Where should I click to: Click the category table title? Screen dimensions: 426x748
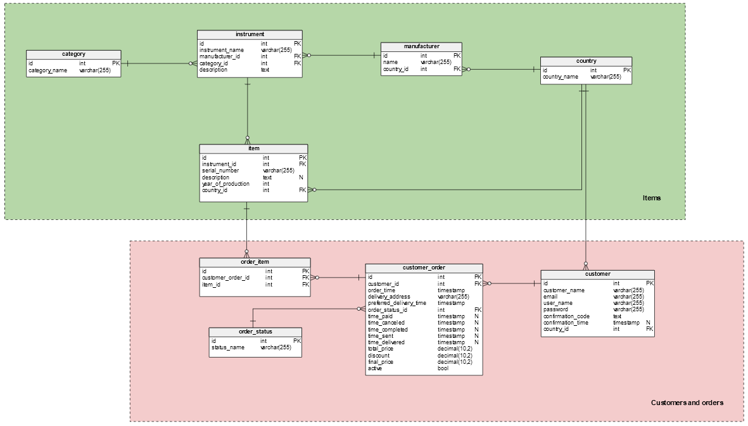click(x=73, y=55)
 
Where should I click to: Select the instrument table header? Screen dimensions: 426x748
click(x=250, y=34)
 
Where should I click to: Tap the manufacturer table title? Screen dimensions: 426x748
click(x=421, y=46)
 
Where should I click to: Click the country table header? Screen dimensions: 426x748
click(x=586, y=61)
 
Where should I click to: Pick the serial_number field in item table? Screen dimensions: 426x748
click(x=220, y=171)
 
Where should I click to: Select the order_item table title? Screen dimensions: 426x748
click(x=255, y=262)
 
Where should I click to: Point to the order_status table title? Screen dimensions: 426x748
click(x=256, y=332)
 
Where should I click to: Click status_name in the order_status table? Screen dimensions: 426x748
click(x=227, y=347)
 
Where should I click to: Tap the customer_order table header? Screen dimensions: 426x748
click(x=424, y=268)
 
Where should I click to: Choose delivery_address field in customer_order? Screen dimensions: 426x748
click(x=389, y=297)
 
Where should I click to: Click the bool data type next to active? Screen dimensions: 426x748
click(x=443, y=368)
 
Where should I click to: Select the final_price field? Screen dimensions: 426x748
click(x=380, y=362)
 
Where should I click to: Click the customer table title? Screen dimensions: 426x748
click(x=597, y=274)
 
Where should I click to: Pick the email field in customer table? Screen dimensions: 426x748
click(x=550, y=297)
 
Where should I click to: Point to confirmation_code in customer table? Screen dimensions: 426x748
click(x=566, y=316)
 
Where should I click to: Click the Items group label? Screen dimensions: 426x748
click(x=651, y=198)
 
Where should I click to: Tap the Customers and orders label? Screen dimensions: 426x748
click(x=687, y=403)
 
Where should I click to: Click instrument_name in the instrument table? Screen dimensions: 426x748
click(x=222, y=49)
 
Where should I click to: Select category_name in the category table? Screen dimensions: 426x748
click(x=48, y=70)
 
